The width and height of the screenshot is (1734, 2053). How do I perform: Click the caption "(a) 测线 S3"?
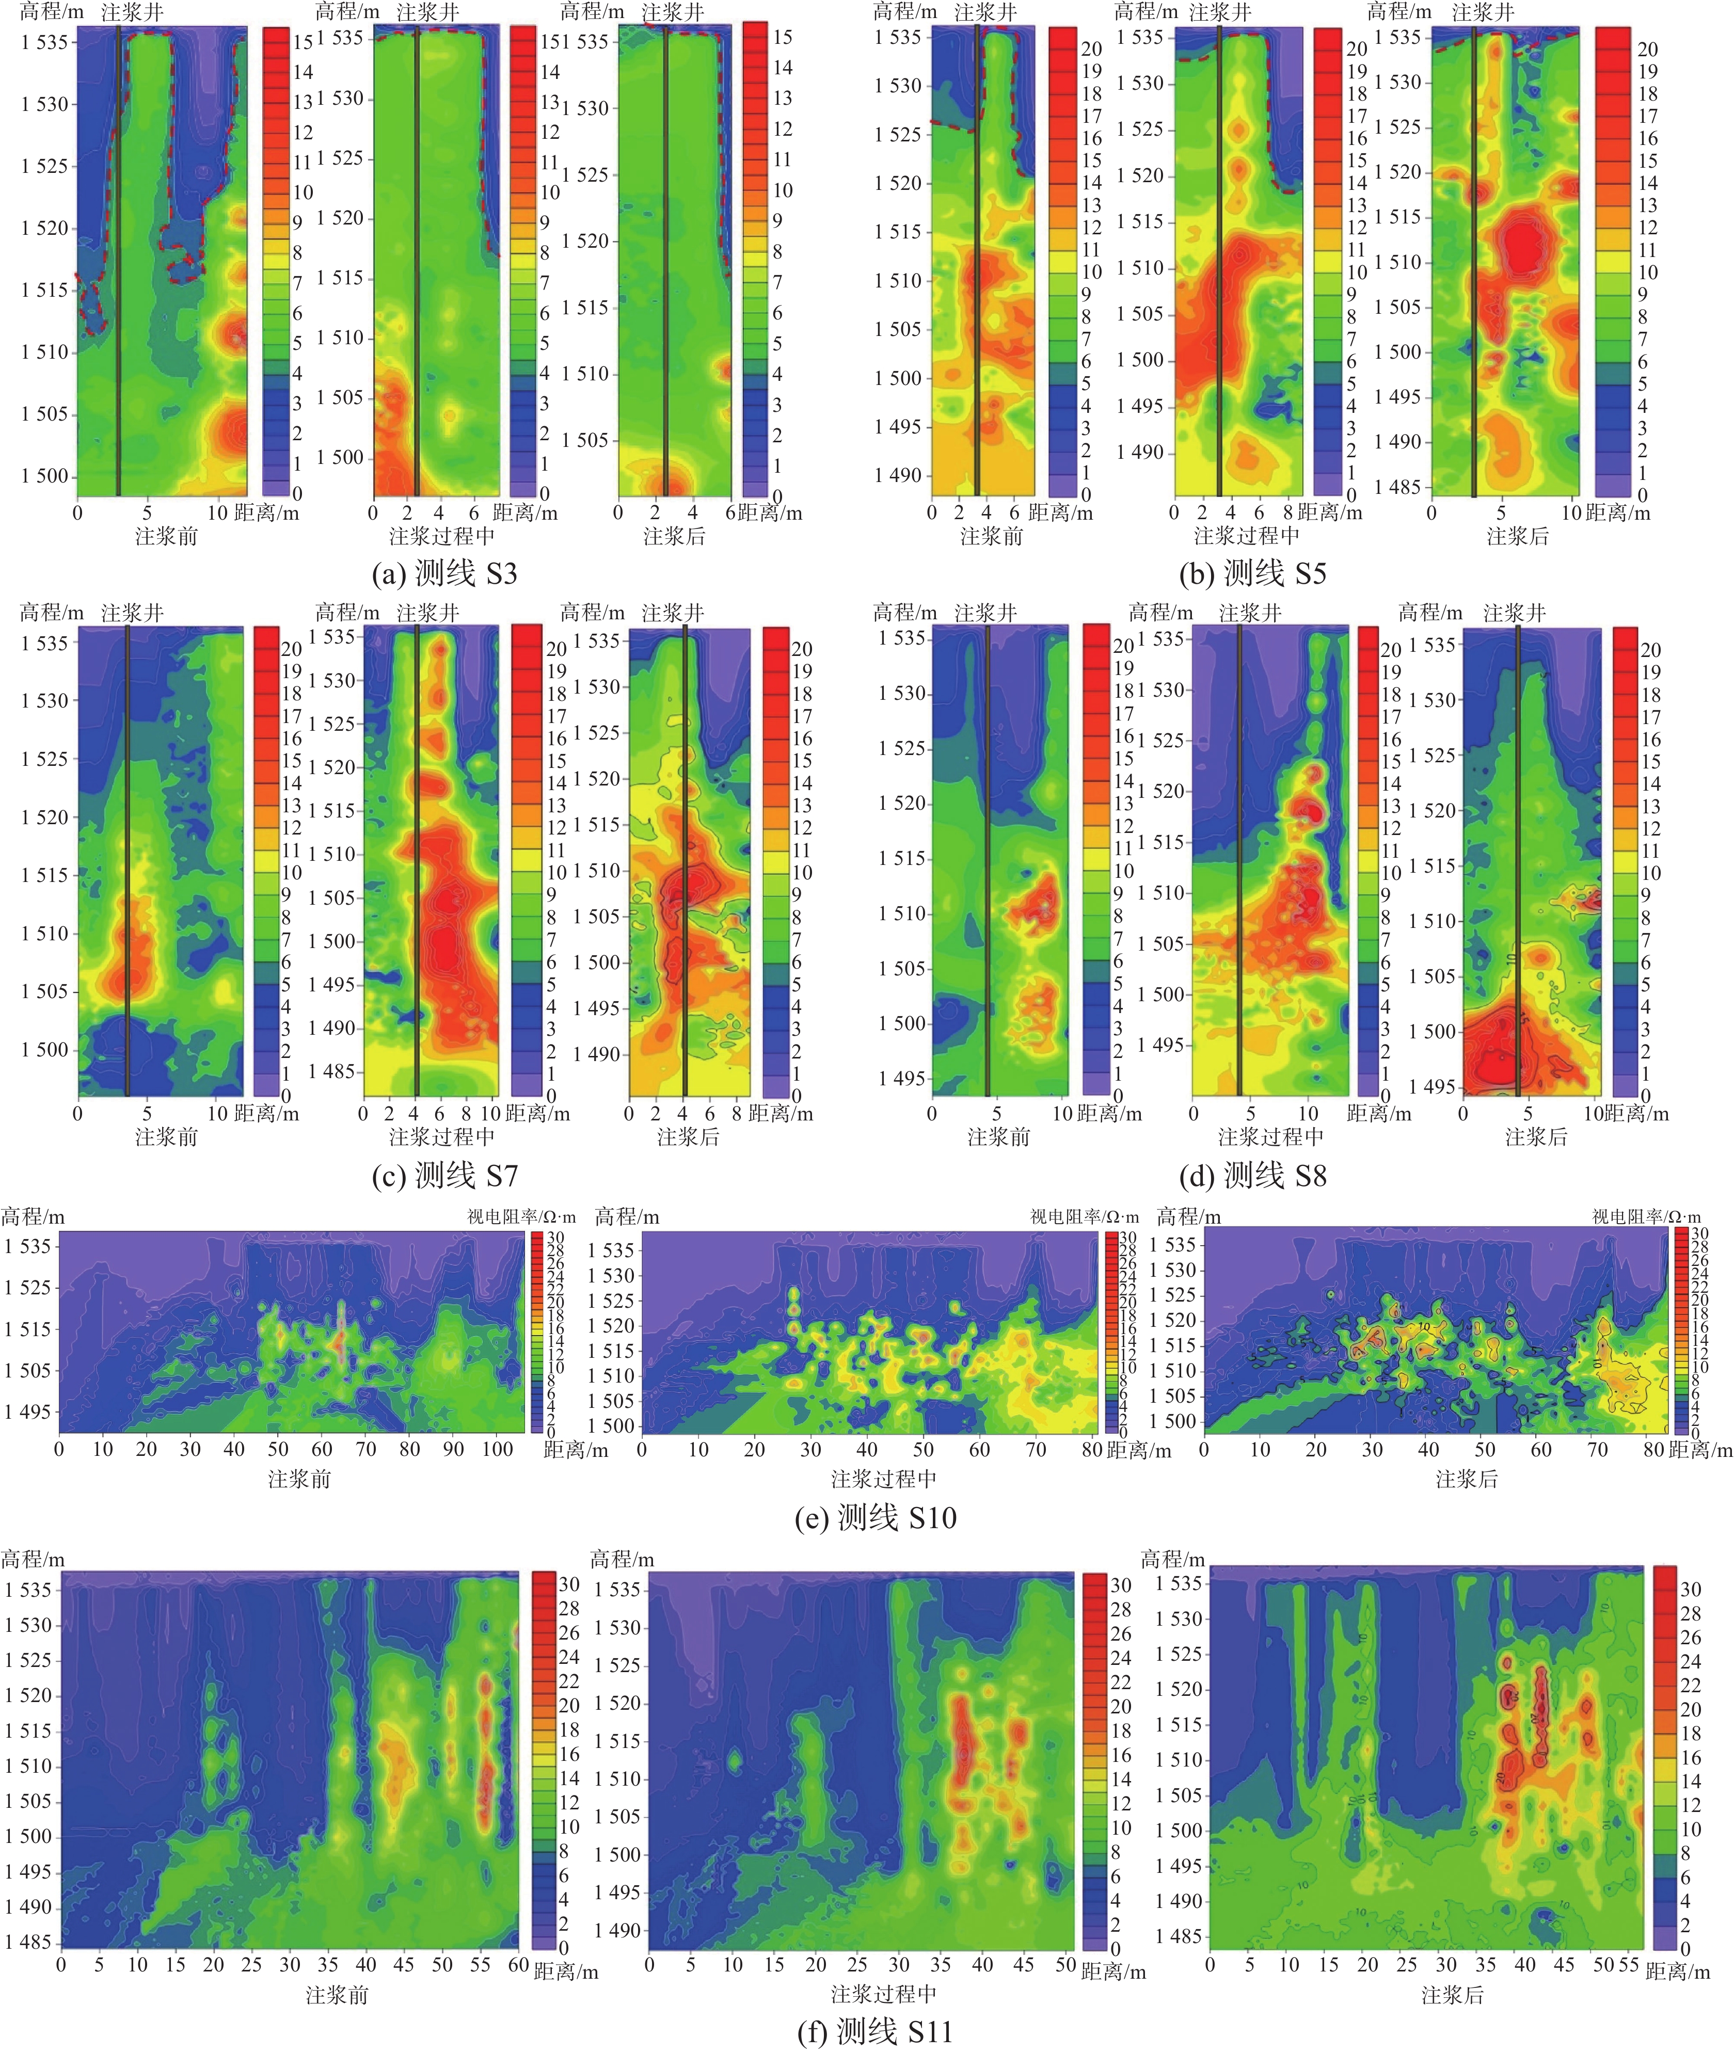[444, 573]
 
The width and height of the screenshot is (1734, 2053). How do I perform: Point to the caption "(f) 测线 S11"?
[875, 2030]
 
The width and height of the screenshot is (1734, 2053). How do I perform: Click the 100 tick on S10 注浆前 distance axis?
[498, 1449]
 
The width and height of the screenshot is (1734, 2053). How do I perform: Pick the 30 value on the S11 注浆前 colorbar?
[569, 1584]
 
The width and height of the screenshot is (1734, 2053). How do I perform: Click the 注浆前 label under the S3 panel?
[166, 536]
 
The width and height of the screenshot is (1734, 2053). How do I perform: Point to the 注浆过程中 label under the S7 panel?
[441, 1137]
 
